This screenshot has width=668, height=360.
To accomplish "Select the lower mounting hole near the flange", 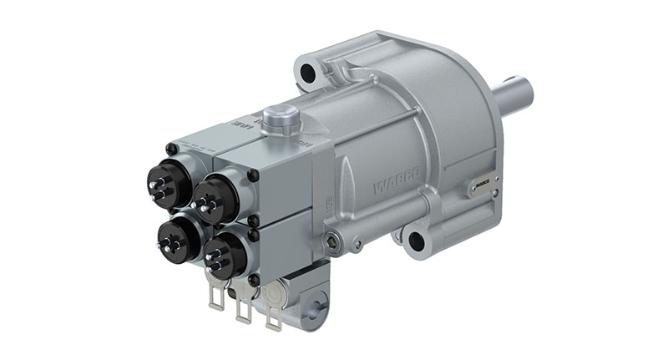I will [x=416, y=243].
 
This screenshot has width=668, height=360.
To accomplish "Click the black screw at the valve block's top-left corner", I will [x=172, y=149].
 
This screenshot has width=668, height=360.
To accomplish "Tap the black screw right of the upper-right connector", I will [x=252, y=175].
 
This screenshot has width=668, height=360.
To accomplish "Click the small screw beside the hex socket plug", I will [x=357, y=246].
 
